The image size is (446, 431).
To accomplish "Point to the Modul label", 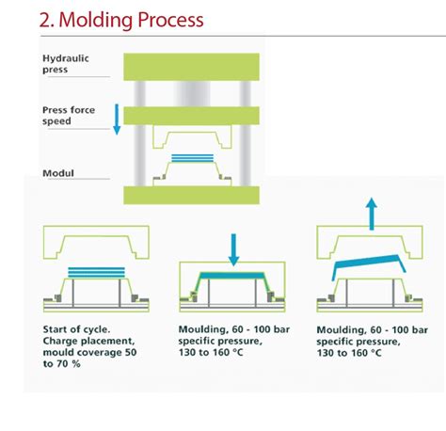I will (x=57, y=173).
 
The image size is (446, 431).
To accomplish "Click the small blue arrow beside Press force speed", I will (x=118, y=119).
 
